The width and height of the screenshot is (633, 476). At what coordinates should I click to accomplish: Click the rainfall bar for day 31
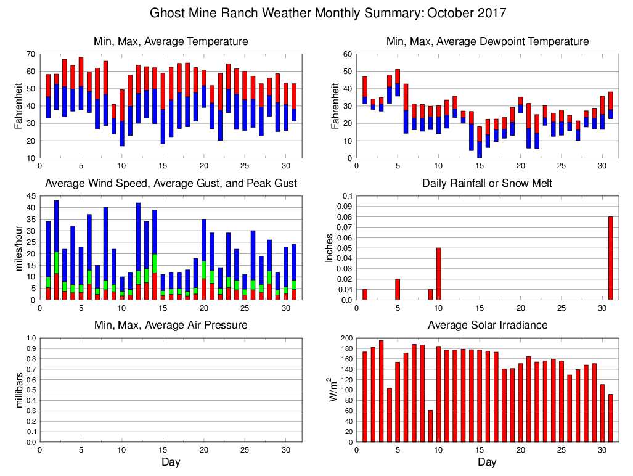(x=611, y=258)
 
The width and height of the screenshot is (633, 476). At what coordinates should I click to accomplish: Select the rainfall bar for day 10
(x=439, y=274)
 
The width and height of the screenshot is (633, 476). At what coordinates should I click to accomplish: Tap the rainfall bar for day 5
(x=398, y=289)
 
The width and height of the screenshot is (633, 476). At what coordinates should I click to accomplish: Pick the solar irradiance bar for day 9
(x=430, y=426)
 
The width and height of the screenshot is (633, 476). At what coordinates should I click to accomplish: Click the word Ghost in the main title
(x=168, y=12)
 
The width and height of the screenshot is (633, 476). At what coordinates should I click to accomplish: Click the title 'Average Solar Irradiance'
(x=487, y=325)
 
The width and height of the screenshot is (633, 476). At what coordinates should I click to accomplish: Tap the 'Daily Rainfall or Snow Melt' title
(x=487, y=183)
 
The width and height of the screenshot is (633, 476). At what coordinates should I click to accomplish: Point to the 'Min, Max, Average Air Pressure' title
(x=171, y=325)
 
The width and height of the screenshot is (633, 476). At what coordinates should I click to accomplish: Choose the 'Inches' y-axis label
(x=329, y=248)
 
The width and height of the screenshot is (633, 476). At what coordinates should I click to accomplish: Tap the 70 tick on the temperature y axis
(x=31, y=55)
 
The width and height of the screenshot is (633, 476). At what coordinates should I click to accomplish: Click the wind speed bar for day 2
(x=56, y=250)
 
